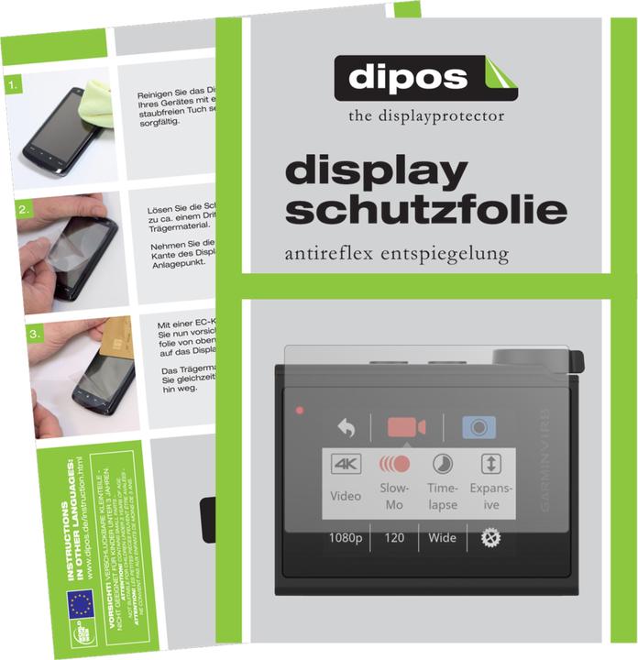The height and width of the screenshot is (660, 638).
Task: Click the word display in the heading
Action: tap(377, 173)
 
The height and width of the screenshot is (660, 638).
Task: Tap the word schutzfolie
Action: tap(425, 210)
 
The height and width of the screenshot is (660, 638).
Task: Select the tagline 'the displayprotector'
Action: tap(425, 116)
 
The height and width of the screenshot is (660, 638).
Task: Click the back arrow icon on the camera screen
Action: tap(346, 427)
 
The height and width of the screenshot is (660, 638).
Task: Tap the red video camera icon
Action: tap(406, 427)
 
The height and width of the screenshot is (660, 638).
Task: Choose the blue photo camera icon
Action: tap(478, 427)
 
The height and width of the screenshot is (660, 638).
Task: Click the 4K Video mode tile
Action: tap(346, 480)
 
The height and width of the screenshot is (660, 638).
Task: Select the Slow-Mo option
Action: tap(394, 480)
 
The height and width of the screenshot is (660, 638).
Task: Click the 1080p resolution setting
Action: tap(346, 538)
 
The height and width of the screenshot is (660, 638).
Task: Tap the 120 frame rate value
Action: tap(394, 538)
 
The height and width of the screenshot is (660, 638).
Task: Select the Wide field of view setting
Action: tap(442, 538)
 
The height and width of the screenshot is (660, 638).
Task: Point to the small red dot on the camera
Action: tap(299, 411)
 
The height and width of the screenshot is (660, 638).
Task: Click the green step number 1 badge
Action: tap(12, 87)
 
